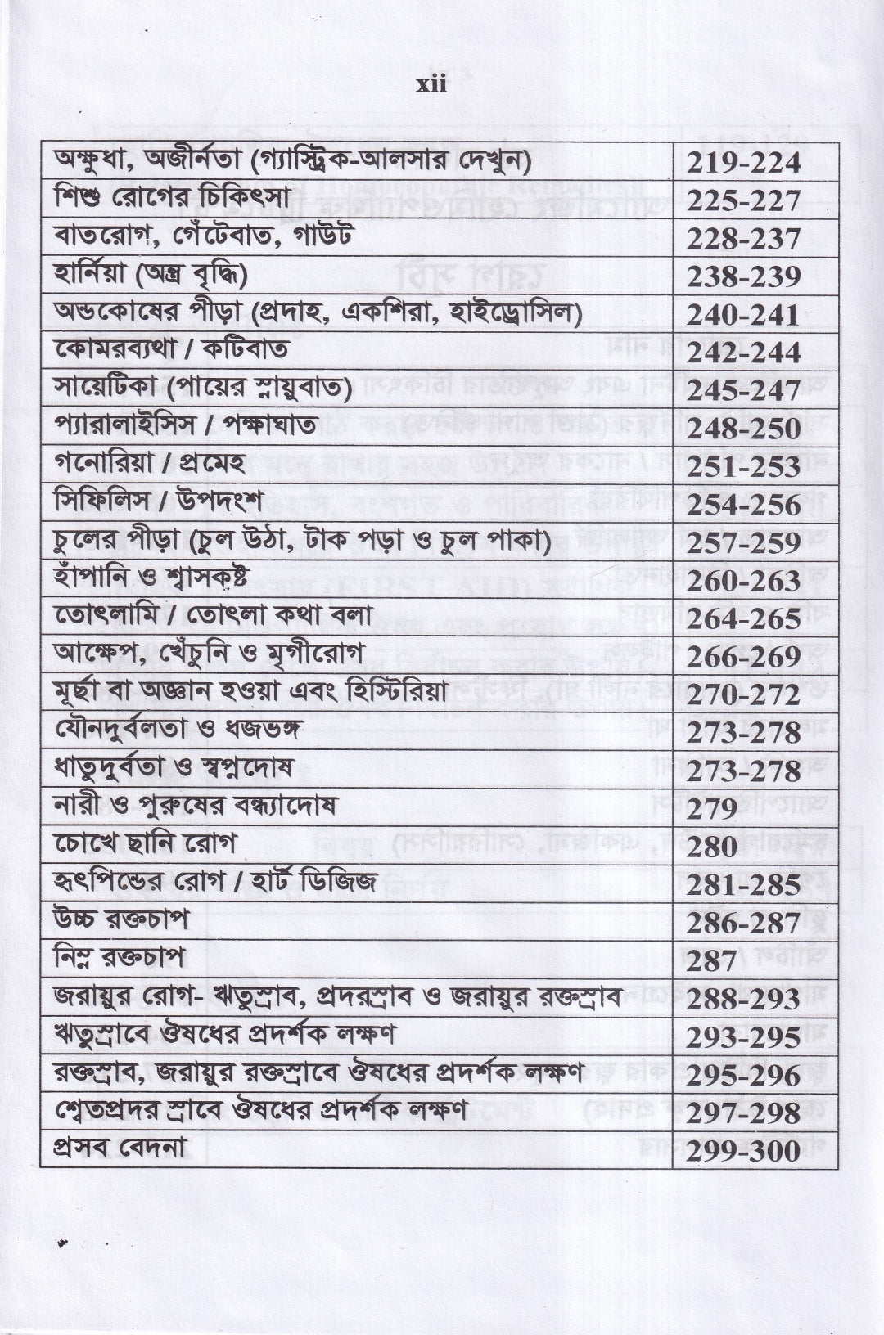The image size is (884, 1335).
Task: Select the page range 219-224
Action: click(743, 164)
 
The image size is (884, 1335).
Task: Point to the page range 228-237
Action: click(743, 240)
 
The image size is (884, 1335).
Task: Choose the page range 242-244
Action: click(743, 353)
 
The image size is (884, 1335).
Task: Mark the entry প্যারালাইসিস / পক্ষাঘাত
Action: click(197, 427)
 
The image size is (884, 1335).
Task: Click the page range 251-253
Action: click(743, 467)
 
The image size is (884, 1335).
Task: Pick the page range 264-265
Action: click(743, 618)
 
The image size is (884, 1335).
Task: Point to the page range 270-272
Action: click(743, 695)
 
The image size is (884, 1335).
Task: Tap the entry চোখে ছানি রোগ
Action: click(144, 843)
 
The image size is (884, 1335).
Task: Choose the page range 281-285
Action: click(743, 885)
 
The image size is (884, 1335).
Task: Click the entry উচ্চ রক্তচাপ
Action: click(120, 919)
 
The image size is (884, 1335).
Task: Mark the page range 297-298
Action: click(743, 1113)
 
